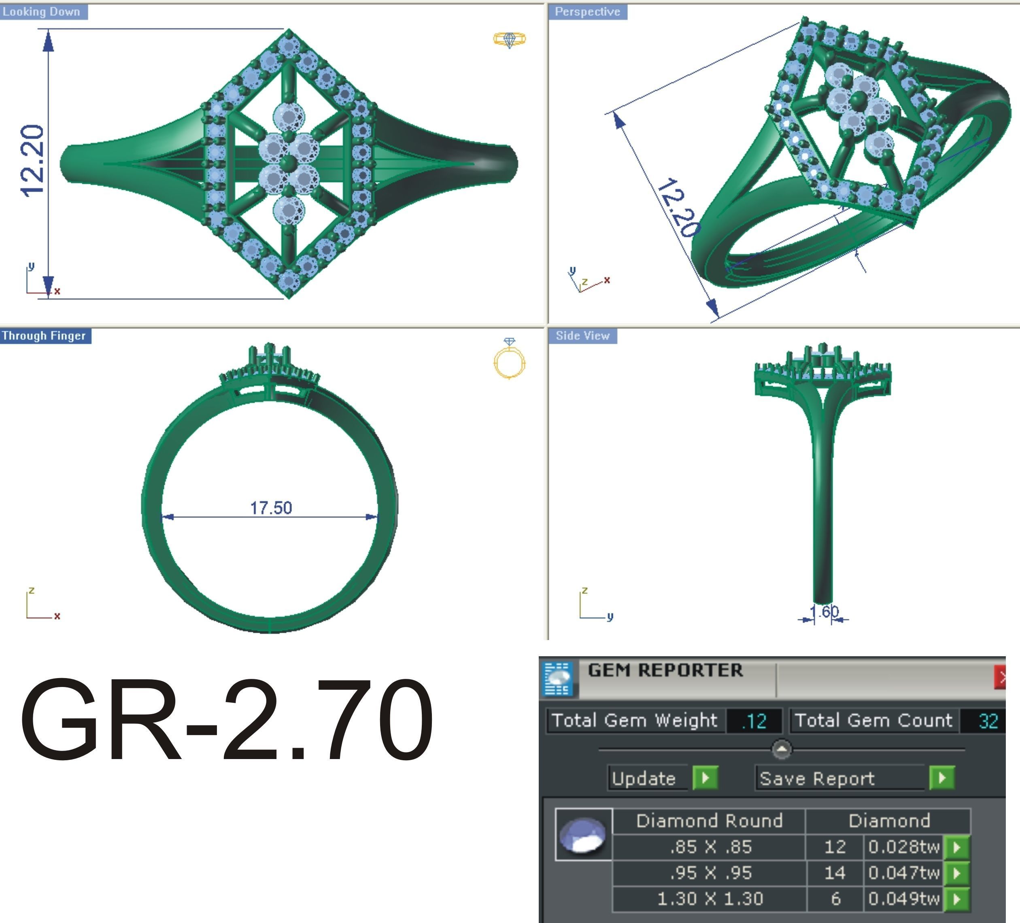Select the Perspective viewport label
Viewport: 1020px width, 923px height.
pyautogui.click(x=587, y=12)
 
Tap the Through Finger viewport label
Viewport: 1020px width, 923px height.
pyautogui.click(x=45, y=336)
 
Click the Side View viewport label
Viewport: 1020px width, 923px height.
pyautogui.click(x=582, y=336)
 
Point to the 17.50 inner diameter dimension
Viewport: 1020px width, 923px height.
pyautogui.click(x=271, y=508)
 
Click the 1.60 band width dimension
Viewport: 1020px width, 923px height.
pyautogui.click(x=824, y=611)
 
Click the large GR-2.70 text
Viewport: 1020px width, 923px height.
pyautogui.click(x=226, y=721)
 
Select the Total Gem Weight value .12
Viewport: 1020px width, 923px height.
pyautogui.click(x=754, y=721)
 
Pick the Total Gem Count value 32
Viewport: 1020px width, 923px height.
pyautogui.click(x=988, y=721)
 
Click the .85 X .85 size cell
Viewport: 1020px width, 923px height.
pyautogui.click(x=710, y=846)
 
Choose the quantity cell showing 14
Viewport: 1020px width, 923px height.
pyautogui.click(x=834, y=872)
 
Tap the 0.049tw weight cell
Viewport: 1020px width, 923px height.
pyautogui.click(x=903, y=899)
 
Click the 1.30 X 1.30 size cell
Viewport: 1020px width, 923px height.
pyautogui.click(x=710, y=899)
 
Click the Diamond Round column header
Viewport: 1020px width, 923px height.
pyautogui.click(x=709, y=820)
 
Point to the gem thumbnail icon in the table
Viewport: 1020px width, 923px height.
pyautogui.click(x=583, y=834)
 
